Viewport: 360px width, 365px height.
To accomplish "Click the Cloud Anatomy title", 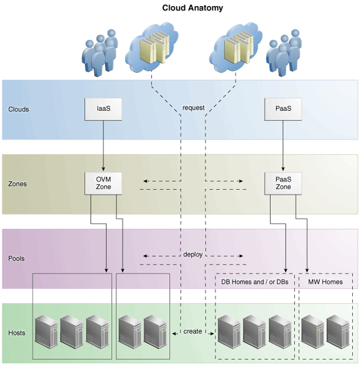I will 192,8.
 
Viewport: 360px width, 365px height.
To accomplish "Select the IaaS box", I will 103,109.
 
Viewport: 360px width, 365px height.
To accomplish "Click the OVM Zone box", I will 103,183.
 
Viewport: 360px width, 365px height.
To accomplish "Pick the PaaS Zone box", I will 283,183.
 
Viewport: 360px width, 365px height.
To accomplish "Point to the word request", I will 193,108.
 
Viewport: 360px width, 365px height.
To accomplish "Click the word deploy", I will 193,255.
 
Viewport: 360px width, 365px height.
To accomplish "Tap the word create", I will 193,331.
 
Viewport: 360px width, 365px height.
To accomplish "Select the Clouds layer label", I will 19,109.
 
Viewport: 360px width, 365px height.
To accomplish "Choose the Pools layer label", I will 17,258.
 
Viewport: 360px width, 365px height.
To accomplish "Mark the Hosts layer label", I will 17,333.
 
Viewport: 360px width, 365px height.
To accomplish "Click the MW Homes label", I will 325,282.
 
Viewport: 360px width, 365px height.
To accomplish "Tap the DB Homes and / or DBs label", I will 255,282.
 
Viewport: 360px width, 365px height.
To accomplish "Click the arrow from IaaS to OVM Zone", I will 103,146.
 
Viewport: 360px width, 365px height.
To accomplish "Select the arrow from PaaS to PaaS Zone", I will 283,146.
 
